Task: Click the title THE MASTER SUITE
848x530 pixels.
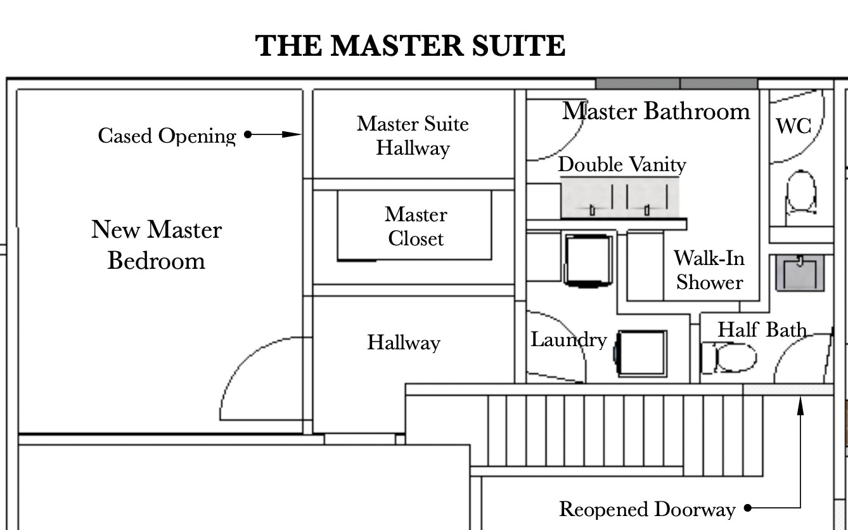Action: pyautogui.click(x=410, y=46)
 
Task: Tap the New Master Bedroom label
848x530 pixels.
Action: pyautogui.click(x=156, y=245)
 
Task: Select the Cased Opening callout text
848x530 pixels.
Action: pyautogui.click(x=167, y=136)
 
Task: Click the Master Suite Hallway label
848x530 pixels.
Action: pyautogui.click(x=413, y=136)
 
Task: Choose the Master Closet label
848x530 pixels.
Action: pyautogui.click(x=416, y=226)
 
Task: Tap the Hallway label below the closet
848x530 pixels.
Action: pyautogui.click(x=404, y=342)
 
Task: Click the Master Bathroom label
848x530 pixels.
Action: pyautogui.click(x=656, y=111)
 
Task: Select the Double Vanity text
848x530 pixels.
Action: pyautogui.click(x=622, y=165)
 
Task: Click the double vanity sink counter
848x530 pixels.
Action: pyautogui.click(x=619, y=198)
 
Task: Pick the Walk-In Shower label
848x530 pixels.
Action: pyautogui.click(x=709, y=270)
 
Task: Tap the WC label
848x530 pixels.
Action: pyautogui.click(x=793, y=126)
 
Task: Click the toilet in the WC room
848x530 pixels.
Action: pyautogui.click(x=800, y=192)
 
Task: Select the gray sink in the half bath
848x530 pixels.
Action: pyautogui.click(x=800, y=273)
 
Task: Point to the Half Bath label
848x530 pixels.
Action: pyautogui.click(x=762, y=330)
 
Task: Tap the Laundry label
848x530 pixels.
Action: pyautogui.click(x=568, y=340)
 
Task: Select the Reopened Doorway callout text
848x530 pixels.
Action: pyautogui.click(x=647, y=509)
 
